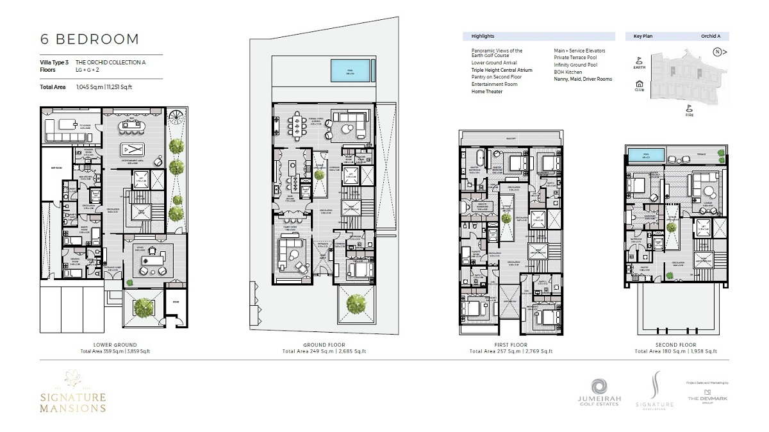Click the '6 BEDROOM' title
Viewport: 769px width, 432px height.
click(x=90, y=39)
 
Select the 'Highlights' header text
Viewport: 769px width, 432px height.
click(x=483, y=37)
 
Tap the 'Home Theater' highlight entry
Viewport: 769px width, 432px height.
click(x=487, y=92)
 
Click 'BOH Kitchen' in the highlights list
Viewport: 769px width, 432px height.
click(x=568, y=72)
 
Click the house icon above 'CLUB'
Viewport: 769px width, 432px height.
click(x=639, y=83)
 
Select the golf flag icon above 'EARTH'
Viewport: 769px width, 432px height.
click(x=639, y=59)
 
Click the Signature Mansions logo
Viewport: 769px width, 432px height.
click(x=72, y=392)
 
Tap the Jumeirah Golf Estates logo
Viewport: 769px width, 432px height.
click(x=598, y=392)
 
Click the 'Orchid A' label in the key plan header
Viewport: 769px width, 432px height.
click(x=709, y=37)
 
